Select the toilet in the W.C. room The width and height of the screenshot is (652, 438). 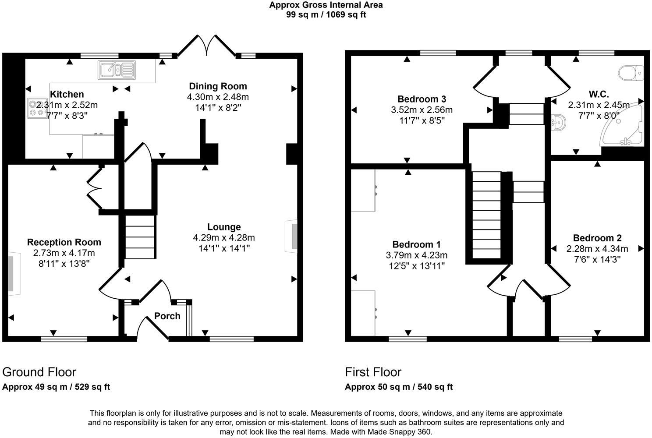(631, 73)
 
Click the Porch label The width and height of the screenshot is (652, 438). (167, 316)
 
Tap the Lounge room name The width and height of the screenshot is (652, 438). (224, 227)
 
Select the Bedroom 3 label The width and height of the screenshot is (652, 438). (422, 99)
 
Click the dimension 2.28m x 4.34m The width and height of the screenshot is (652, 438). (597, 249)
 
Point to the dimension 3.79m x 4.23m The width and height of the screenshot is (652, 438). (416, 255)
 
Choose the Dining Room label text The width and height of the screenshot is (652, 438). (218, 86)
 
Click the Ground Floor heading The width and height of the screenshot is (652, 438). (39, 372)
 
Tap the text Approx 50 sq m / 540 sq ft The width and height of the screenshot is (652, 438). (398, 387)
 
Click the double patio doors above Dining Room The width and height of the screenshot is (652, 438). (206, 46)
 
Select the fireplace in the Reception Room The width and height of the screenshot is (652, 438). (13, 273)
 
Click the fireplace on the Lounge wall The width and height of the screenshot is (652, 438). (292, 236)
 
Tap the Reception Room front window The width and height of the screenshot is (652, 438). (64, 339)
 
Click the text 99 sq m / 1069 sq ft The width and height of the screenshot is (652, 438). (326, 14)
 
